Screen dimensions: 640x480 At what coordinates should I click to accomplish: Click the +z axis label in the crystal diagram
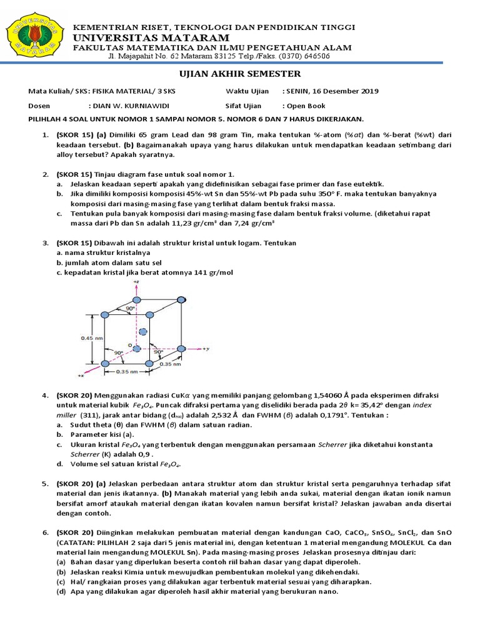coord(137,282)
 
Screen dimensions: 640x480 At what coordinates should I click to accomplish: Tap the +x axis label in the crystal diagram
coord(80,376)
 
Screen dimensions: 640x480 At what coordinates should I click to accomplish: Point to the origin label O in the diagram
coord(130,345)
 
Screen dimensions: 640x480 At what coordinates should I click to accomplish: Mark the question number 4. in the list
coord(45,396)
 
